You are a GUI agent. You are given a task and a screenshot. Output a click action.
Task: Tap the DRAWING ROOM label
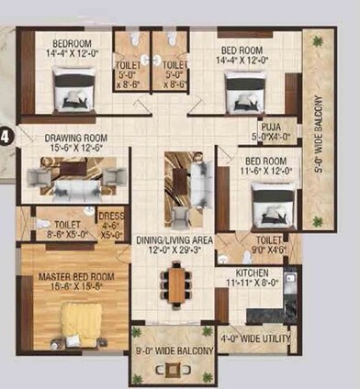[58, 139]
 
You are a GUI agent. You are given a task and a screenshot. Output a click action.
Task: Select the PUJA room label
[271, 128]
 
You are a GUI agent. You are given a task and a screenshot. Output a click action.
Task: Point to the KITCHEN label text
[253, 272]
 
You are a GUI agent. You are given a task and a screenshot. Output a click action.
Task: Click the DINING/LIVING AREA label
[174, 239]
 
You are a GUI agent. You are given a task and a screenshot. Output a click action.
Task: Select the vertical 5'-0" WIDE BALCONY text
[321, 137]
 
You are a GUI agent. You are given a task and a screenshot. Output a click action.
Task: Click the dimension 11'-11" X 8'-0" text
[253, 283]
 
